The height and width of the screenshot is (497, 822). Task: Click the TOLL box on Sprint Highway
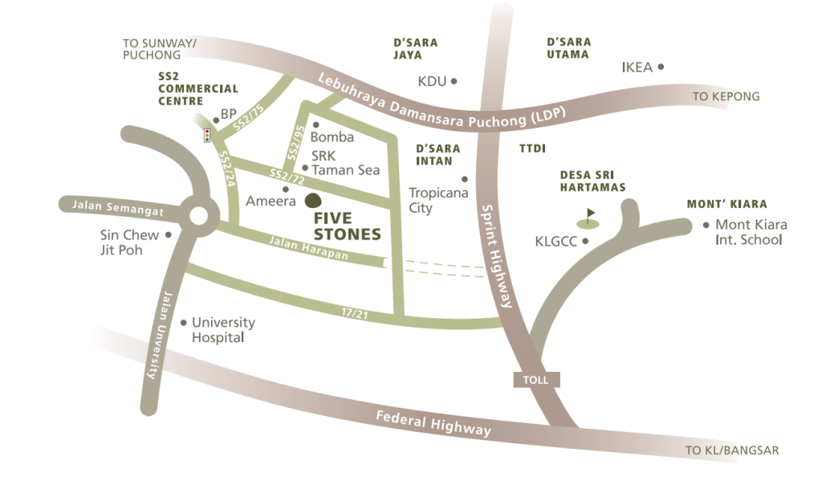pyautogui.click(x=535, y=380)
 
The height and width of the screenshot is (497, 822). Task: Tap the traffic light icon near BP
pyautogui.click(x=207, y=135)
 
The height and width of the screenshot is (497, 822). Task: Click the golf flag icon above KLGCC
pyautogui.click(x=588, y=218)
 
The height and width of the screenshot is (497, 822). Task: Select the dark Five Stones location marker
pyautogui.click(x=313, y=202)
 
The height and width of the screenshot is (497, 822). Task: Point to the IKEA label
pyautogui.click(x=637, y=67)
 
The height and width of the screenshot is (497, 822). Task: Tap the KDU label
pyautogui.click(x=432, y=81)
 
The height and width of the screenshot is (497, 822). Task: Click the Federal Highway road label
pyautogui.click(x=433, y=423)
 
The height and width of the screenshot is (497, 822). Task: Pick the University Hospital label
pyautogui.click(x=222, y=330)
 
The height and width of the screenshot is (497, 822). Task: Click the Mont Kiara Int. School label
pyautogui.click(x=751, y=232)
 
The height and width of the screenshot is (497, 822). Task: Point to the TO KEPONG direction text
pyautogui.click(x=726, y=97)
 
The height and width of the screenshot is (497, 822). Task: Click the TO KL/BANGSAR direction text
pyautogui.click(x=731, y=450)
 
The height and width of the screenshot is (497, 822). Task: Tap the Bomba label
pyautogui.click(x=332, y=136)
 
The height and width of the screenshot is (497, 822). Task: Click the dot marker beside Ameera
pyautogui.click(x=286, y=189)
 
